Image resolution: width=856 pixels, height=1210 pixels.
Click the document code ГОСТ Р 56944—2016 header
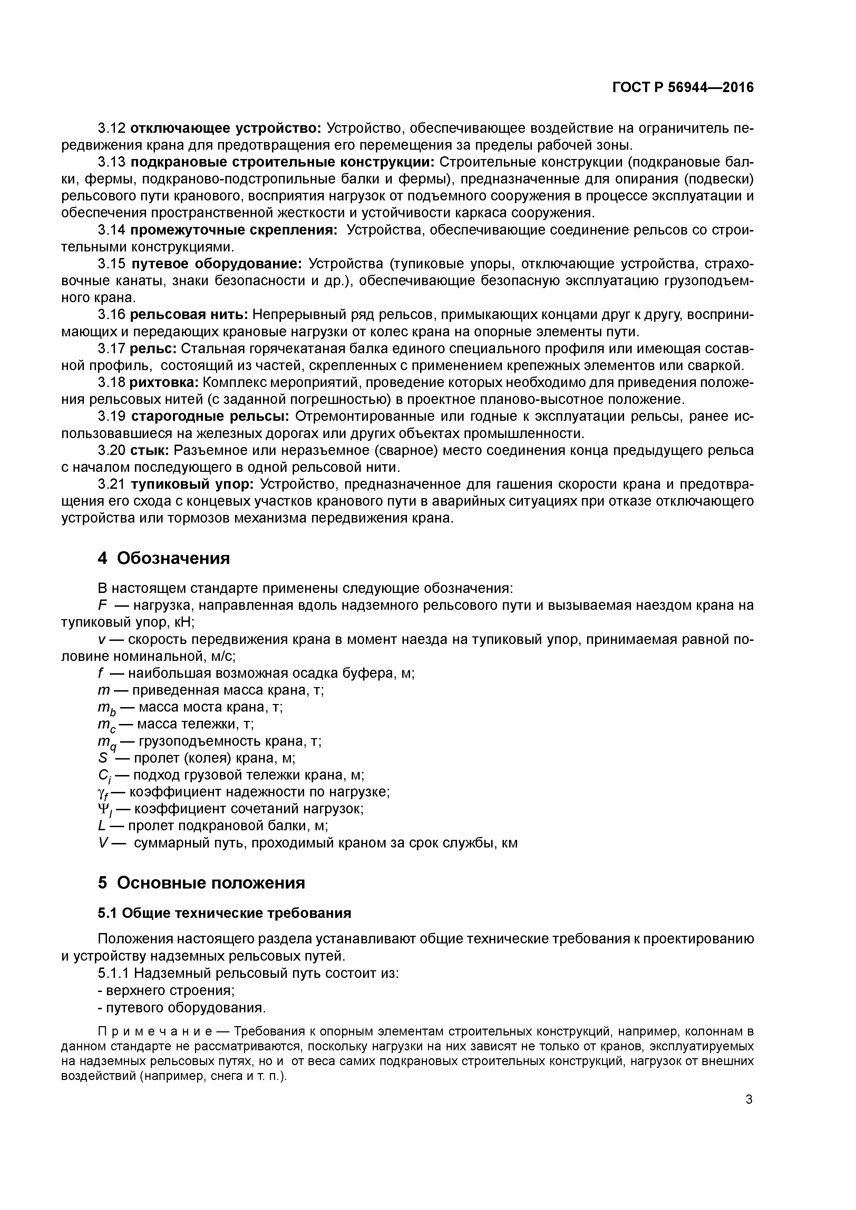point(683,88)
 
